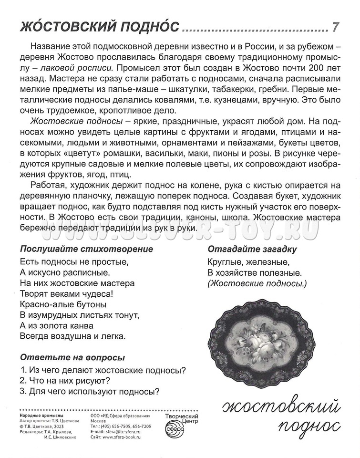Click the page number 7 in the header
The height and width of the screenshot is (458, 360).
coord(336,27)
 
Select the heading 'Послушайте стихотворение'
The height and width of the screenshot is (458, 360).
coord(86,249)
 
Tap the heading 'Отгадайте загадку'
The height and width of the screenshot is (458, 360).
coord(252,249)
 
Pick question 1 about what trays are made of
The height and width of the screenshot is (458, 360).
coord(103,369)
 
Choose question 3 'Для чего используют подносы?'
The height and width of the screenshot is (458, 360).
coord(90,391)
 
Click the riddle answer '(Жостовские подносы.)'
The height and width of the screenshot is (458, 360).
coord(257,284)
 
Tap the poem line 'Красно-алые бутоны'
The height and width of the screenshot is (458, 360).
coord(63,304)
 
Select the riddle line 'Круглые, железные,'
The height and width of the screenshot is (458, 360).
coord(248,262)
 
